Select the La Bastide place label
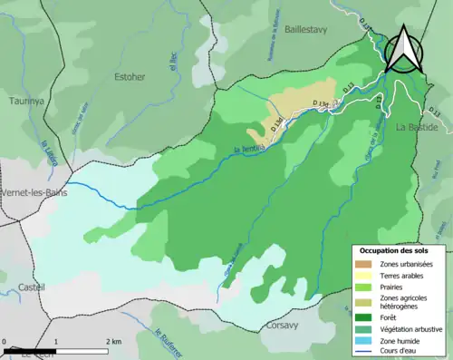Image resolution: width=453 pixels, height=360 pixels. click(x=417, y=128)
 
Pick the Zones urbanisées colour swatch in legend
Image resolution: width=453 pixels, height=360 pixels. click(x=366, y=264)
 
